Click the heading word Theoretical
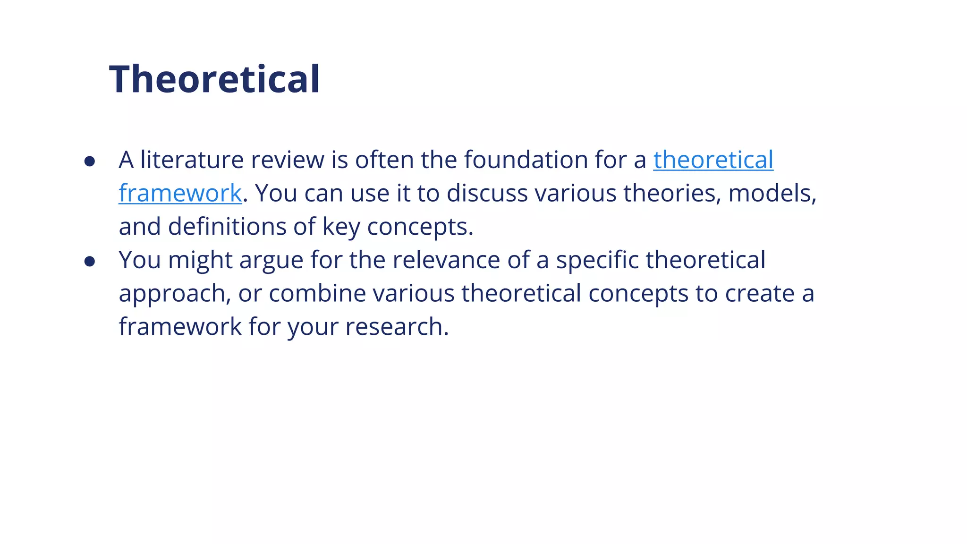pyautogui.click(x=215, y=79)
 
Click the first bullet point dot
pyautogui.click(x=90, y=161)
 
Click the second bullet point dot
pyautogui.click(x=90, y=262)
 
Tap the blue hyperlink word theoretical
pyautogui.click(x=713, y=160)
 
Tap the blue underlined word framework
pyautogui.click(x=180, y=193)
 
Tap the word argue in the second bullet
pyautogui.click(x=271, y=261)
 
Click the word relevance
pyautogui.click(x=446, y=260)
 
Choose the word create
pyautogui.click(x=760, y=293)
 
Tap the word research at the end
pyautogui.click(x=396, y=327)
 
